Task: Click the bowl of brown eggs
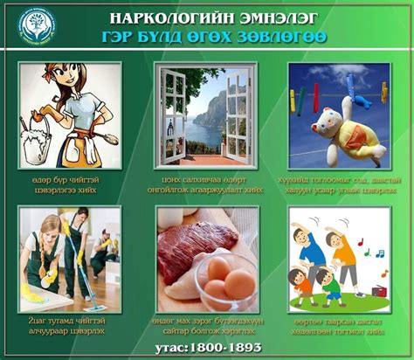coord(229,281)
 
